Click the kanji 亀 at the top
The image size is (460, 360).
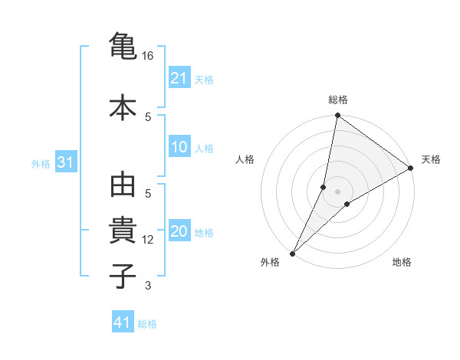pyautogui.click(x=123, y=47)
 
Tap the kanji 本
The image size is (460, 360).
pyautogui.click(x=123, y=107)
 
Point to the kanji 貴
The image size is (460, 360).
pyautogui.click(x=123, y=231)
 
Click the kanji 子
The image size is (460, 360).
pyautogui.click(x=123, y=275)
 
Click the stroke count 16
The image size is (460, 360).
pyautogui.click(x=148, y=56)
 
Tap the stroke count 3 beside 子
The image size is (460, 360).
pyautogui.click(x=148, y=286)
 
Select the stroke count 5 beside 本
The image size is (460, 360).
pyautogui.click(x=148, y=116)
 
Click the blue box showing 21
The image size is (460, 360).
pyautogui.click(x=179, y=77)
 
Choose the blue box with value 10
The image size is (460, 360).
pyautogui.click(x=179, y=148)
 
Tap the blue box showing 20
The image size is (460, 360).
pyautogui.click(x=179, y=232)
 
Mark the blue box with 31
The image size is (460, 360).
pyautogui.click(x=65, y=162)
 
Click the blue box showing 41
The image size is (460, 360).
pyautogui.click(x=123, y=322)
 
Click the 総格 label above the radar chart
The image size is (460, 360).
pyautogui.click(x=338, y=100)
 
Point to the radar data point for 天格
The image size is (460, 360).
pyautogui.click(x=411, y=168)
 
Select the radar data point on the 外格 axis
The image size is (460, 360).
pyautogui.click(x=292, y=253)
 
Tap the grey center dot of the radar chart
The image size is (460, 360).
pyautogui.click(x=338, y=191)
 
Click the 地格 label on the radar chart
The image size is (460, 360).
pyautogui.click(x=402, y=263)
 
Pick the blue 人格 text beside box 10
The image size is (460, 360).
pyautogui.click(x=204, y=149)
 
